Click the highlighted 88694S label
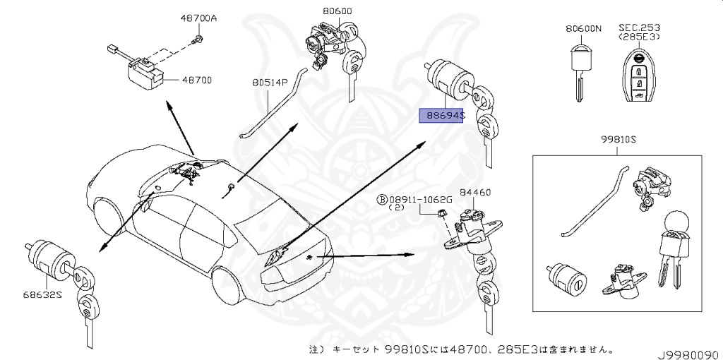(x=441, y=114)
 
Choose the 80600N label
(x=583, y=29)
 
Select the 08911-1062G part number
(x=422, y=200)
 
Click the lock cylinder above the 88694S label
(x=450, y=80)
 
